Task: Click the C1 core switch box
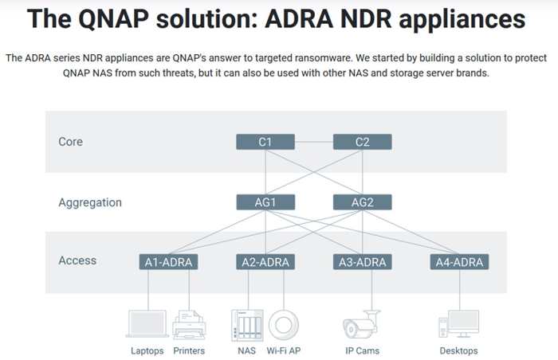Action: [265, 142]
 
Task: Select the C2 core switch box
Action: [362, 142]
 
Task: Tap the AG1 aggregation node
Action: [265, 202]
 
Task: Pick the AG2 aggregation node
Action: [362, 202]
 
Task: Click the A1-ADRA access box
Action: [168, 262]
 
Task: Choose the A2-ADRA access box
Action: [265, 262]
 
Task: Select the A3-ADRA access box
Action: [362, 262]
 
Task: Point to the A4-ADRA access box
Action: [458, 262]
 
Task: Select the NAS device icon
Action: [246, 325]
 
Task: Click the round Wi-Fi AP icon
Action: [284, 325]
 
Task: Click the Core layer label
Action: [70, 142]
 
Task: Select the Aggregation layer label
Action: [90, 202]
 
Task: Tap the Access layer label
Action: [77, 260]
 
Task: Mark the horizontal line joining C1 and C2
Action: [313, 142]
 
